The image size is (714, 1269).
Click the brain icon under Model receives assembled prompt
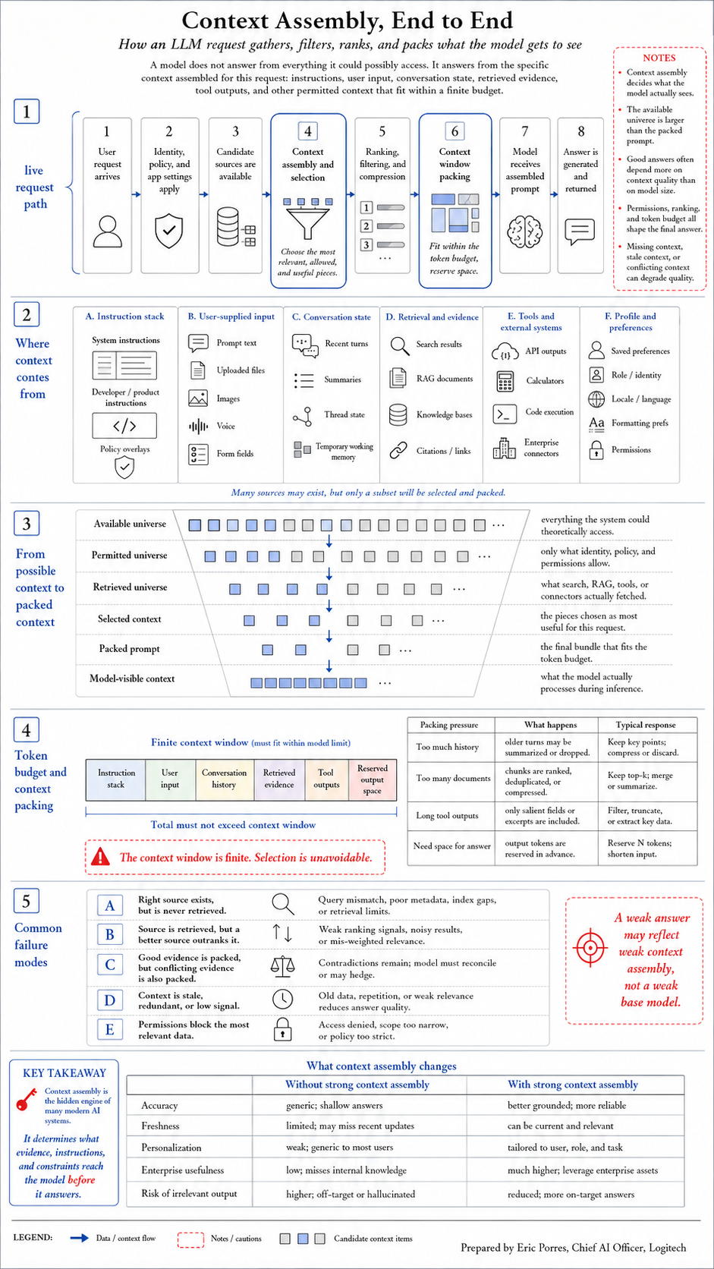(x=524, y=231)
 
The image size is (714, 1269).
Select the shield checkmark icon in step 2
(x=168, y=231)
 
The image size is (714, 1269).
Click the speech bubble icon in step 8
(x=580, y=231)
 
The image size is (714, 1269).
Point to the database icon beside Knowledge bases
(x=398, y=414)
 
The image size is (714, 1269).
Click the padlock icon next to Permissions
(x=596, y=450)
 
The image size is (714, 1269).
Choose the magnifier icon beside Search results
(x=400, y=345)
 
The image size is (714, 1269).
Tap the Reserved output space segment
(x=373, y=779)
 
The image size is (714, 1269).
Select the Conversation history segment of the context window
(x=224, y=779)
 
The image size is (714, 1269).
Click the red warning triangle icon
(x=101, y=857)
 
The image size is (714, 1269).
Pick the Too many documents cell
(x=453, y=779)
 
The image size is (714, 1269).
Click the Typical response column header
(x=646, y=725)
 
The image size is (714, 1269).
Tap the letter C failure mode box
(x=110, y=964)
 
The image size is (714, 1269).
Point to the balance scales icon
(x=282, y=966)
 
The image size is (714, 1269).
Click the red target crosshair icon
(x=590, y=947)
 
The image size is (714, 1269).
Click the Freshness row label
(x=160, y=1126)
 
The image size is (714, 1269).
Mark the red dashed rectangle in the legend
(x=190, y=1239)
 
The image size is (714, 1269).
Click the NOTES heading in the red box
(x=659, y=58)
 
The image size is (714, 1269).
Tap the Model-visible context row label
(x=132, y=679)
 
